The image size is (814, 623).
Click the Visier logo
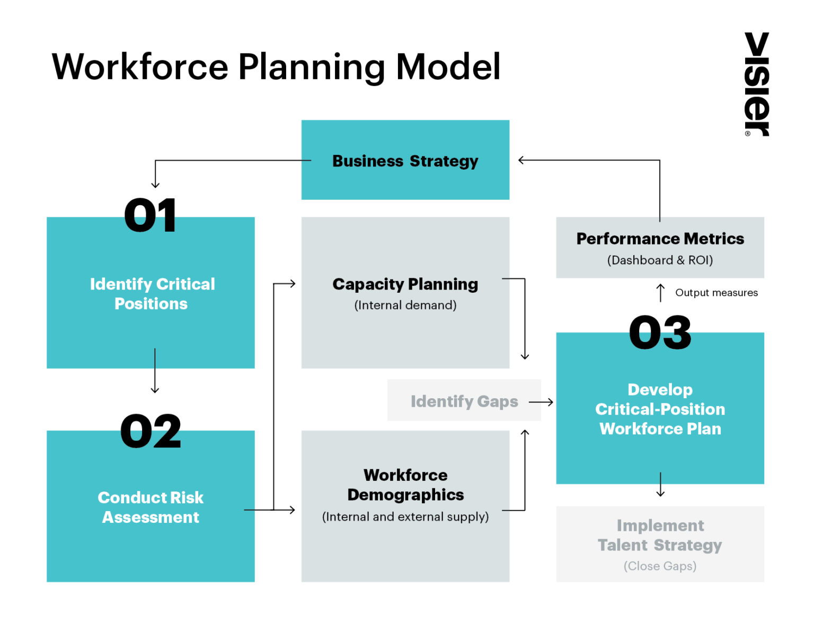(x=757, y=84)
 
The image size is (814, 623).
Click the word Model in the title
(x=448, y=67)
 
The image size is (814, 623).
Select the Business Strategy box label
(x=405, y=161)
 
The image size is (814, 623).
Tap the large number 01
(x=151, y=216)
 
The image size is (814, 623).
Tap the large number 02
(x=151, y=431)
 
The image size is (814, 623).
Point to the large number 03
(x=660, y=332)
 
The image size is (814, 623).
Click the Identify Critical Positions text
(x=152, y=294)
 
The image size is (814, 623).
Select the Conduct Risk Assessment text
(x=151, y=507)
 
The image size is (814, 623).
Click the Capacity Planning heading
(x=405, y=284)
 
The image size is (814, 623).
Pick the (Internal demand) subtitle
(x=405, y=305)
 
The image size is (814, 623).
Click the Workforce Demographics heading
(x=405, y=485)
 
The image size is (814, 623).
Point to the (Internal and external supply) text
(x=405, y=517)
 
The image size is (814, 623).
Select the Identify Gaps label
(x=464, y=401)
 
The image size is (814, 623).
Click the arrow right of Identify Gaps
(x=541, y=402)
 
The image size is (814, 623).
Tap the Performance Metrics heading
(x=660, y=239)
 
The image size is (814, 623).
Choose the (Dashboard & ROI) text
(x=660, y=260)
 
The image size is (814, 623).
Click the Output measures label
(x=716, y=293)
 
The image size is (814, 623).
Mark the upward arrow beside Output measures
(x=660, y=293)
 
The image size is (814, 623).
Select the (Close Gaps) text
(x=660, y=566)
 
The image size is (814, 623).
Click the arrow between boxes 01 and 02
(x=155, y=371)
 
